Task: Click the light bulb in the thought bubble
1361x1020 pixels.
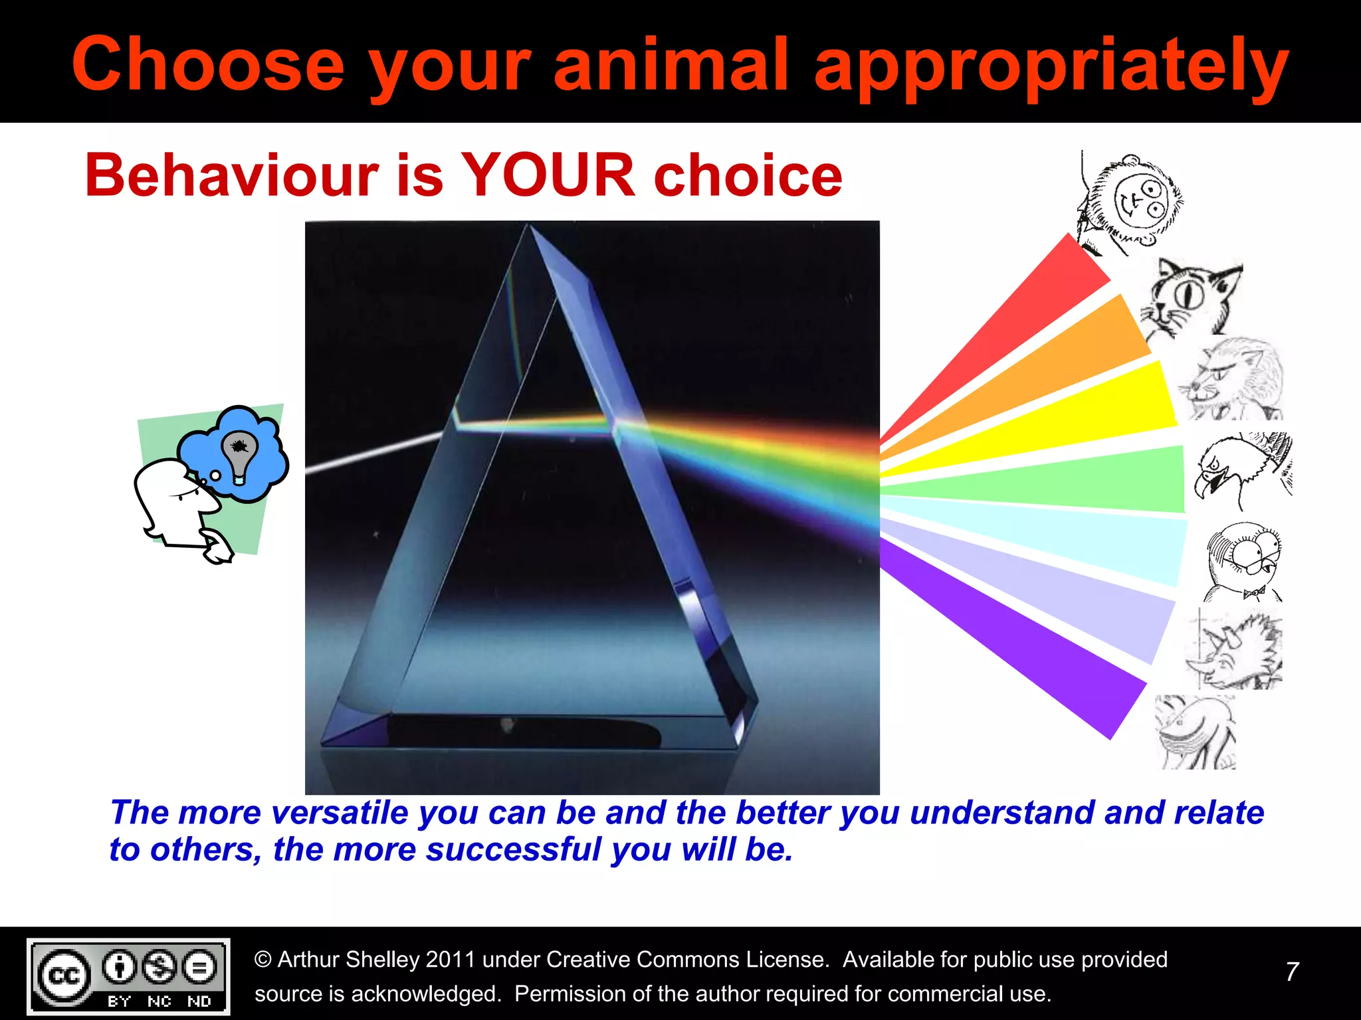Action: (239, 454)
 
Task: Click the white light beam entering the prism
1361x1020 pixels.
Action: (372, 453)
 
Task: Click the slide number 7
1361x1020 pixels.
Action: (1292, 972)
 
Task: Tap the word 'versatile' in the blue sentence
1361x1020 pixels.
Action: (340, 813)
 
